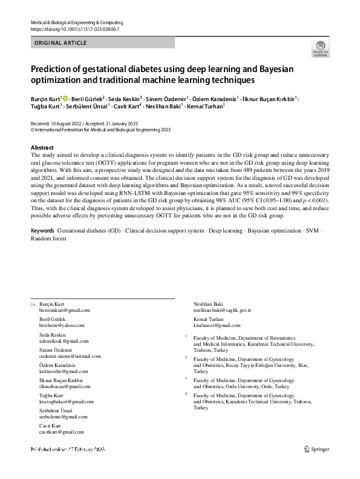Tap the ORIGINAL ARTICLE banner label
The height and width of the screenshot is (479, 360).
click(x=61, y=43)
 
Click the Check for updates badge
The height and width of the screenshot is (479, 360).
click(x=320, y=49)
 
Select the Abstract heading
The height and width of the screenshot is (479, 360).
click(x=42, y=148)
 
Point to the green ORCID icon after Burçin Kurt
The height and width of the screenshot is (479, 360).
click(x=64, y=97)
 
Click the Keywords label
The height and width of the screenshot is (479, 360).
click(x=42, y=231)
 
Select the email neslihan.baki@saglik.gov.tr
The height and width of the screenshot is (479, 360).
click(x=221, y=310)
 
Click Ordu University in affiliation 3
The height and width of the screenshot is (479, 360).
click(x=239, y=386)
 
